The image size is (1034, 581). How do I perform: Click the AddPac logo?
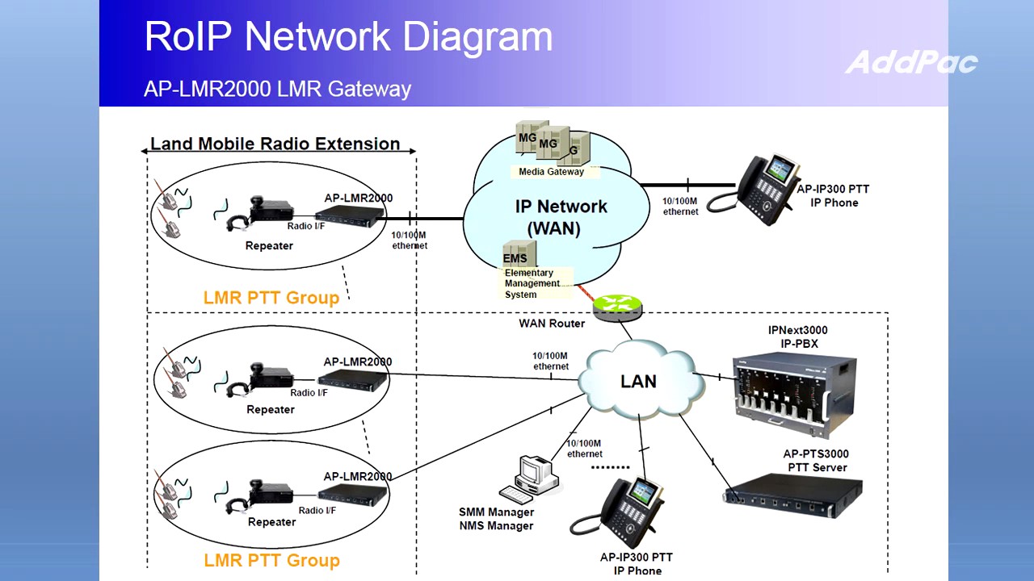911,62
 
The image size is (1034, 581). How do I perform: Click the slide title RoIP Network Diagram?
348,36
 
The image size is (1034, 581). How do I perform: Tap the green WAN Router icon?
618,305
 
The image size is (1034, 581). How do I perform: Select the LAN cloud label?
638,381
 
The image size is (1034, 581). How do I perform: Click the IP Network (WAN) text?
561,217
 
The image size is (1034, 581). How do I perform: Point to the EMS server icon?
515,254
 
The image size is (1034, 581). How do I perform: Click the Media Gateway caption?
551,172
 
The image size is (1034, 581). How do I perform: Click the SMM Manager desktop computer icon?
529,480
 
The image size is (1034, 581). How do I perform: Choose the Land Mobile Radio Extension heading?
275,144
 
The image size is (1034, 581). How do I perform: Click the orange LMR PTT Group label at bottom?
271,560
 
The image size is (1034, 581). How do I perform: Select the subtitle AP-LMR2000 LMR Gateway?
277,89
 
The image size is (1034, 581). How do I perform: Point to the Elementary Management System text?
532,283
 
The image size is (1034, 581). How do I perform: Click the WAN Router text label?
551,324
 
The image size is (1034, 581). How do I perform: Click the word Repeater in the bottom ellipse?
271,522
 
